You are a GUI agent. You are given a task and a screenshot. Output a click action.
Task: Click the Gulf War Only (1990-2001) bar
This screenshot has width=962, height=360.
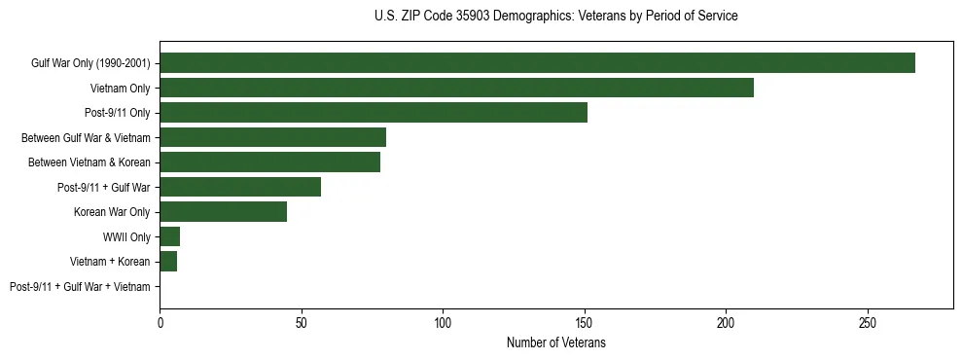pyautogui.click(x=537, y=63)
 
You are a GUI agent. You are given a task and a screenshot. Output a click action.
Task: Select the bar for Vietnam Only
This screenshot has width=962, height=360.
pyautogui.click(x=456, y=88)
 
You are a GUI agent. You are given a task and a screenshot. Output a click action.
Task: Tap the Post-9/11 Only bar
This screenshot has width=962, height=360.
pyautogui.click(x=374, y=113)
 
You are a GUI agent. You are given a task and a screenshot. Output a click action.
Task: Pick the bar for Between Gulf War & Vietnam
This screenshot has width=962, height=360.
pyautogui.click(x=272, y=137)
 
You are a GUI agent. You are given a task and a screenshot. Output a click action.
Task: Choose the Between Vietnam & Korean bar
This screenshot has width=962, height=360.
pyautogui.click(x=269, y=162)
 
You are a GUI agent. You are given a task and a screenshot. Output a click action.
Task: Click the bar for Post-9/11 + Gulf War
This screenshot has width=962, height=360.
pyautogui.click(x=240, y=187)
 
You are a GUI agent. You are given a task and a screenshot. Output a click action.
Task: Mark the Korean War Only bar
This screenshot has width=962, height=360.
pyautogui.click(x=223, y=212)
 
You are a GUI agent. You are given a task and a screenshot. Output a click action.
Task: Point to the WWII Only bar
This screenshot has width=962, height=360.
pyautogui.click(x=169, y=236)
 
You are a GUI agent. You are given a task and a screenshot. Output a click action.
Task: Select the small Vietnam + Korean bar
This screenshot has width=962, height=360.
pyautogui.click(x=168, y=262)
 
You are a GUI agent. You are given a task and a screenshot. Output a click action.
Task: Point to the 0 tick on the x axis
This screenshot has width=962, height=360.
pyautogui.click(x=160, y=322)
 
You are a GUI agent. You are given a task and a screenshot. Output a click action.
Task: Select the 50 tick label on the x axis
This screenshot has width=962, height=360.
pyautogui.click(x=302, y=322)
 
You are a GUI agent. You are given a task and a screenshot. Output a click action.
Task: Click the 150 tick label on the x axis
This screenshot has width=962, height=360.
pyautogui.click(x=585, y=322)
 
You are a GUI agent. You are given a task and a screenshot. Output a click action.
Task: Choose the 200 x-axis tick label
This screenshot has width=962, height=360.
pyautogui.click(x=726, y=322)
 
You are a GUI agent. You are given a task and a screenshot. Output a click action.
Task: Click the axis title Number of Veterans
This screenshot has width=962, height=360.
pyautogui.click(x=555, y=342)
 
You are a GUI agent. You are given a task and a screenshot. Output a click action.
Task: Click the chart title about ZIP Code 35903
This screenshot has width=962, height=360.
pyautogui.click(x=555, y=17)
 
